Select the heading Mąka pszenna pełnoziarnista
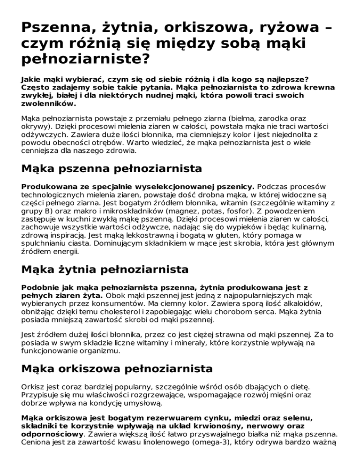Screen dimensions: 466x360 coord(105,168)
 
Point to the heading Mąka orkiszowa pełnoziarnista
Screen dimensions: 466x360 coord(117,369)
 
